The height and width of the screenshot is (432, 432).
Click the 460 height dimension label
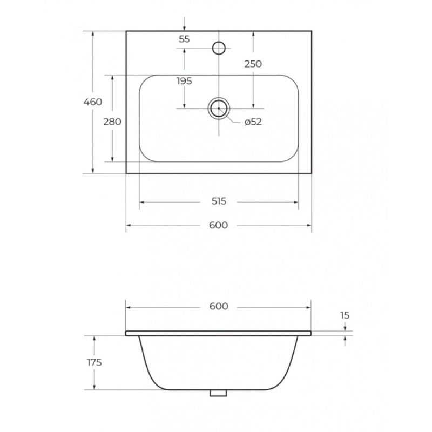[93, 102]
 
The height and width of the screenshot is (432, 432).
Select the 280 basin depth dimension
[112, 122]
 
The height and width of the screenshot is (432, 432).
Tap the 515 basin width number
[219, 201]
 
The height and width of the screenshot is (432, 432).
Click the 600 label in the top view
[219, 225]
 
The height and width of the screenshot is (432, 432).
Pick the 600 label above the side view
[219, 306]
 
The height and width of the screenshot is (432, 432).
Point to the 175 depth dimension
[94, 362]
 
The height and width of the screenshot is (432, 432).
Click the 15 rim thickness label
[345, 315]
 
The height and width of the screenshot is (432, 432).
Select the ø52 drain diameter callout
[253, 122]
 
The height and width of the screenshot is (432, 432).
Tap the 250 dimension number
[253, 64]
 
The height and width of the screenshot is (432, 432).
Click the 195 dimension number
[184, 81]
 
